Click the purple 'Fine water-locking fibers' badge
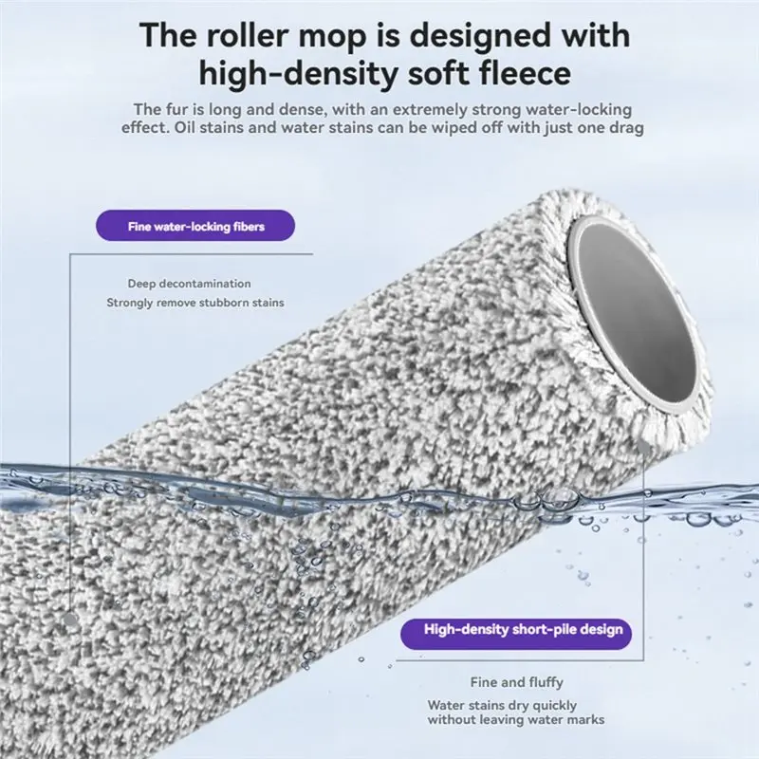(195, 226)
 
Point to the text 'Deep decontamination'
(189, 284)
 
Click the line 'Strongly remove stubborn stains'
(195, 303)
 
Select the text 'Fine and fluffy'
(516, 682)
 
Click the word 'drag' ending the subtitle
(627, 128)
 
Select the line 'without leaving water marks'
(516, 720)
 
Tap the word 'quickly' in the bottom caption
(553, 706)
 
